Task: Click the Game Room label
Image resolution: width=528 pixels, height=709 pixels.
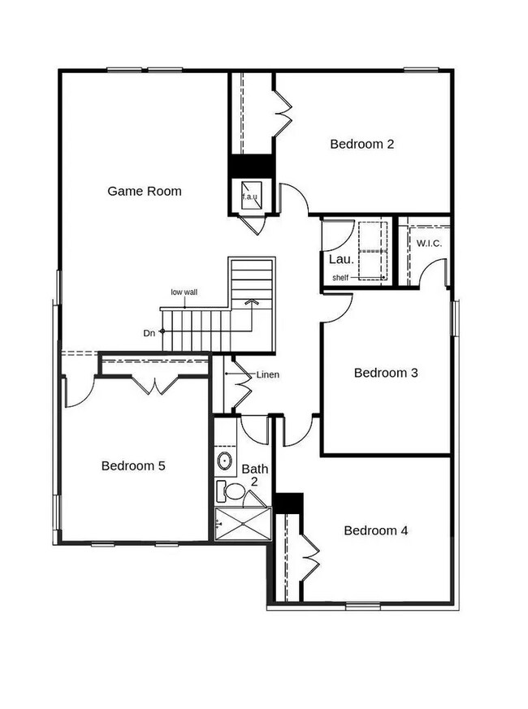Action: [x=145, y=192]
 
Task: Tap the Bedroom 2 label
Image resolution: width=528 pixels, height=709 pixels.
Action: [x=362, y=145]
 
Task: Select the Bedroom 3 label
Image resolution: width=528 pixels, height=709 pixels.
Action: [x=386, y=374]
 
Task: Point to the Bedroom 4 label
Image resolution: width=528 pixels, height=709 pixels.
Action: [x=376, y=531]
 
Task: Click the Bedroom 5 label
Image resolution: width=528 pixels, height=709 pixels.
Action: [x=133, y=466]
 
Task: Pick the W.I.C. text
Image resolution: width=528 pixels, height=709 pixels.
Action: [x=429, y=244]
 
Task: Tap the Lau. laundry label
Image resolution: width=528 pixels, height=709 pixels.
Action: [x=340, y=260]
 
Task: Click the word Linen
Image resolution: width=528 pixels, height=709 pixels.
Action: [x=268, y=375]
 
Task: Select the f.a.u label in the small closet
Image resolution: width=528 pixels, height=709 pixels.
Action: [x=249, y=197]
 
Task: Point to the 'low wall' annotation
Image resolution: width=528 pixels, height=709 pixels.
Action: [x=184, y=292]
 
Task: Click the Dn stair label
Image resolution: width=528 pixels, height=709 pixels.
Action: [x=149, y=332]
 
